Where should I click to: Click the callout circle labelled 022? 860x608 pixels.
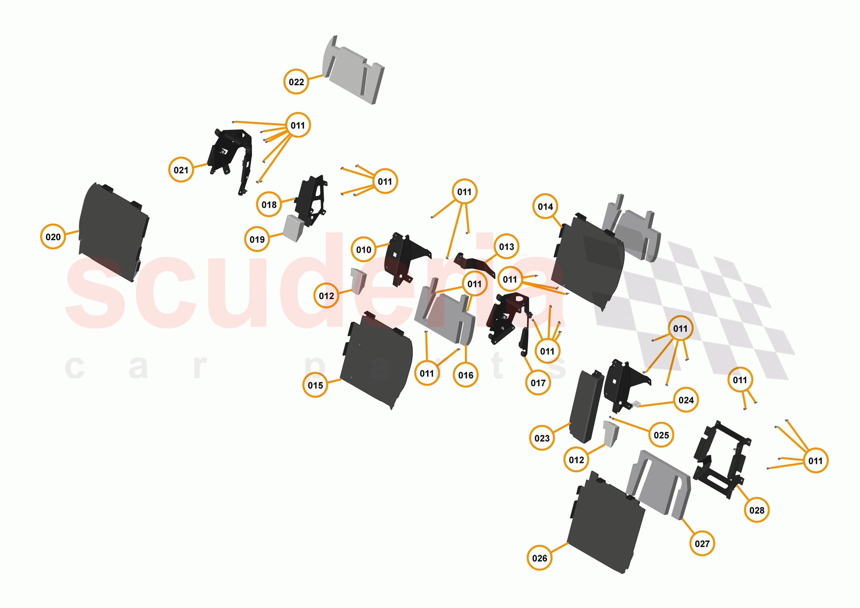coord(296,82)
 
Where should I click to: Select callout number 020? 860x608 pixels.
coord(53,237)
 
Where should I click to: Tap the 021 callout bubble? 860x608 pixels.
coord(181,170)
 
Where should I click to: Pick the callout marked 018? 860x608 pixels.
coord(269,204)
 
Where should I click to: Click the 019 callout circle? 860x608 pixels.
coord(257,239)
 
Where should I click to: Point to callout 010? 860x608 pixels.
coord(363,249)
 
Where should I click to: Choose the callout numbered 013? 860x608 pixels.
coord(506,246)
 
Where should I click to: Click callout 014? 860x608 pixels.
coord(545,206)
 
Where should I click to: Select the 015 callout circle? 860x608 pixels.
coord(315,385)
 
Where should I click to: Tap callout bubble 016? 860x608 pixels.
coord(465,375)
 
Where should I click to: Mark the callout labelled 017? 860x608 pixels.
coord(538,383)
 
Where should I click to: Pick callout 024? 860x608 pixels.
coord(686,400)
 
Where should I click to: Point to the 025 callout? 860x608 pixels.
coord(661,435)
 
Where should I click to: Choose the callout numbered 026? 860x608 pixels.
coord(539,558)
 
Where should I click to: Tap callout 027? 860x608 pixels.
coord(702,543)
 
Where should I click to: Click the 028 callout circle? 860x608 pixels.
coord(756,510)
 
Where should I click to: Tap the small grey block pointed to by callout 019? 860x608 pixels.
coord(293,228)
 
